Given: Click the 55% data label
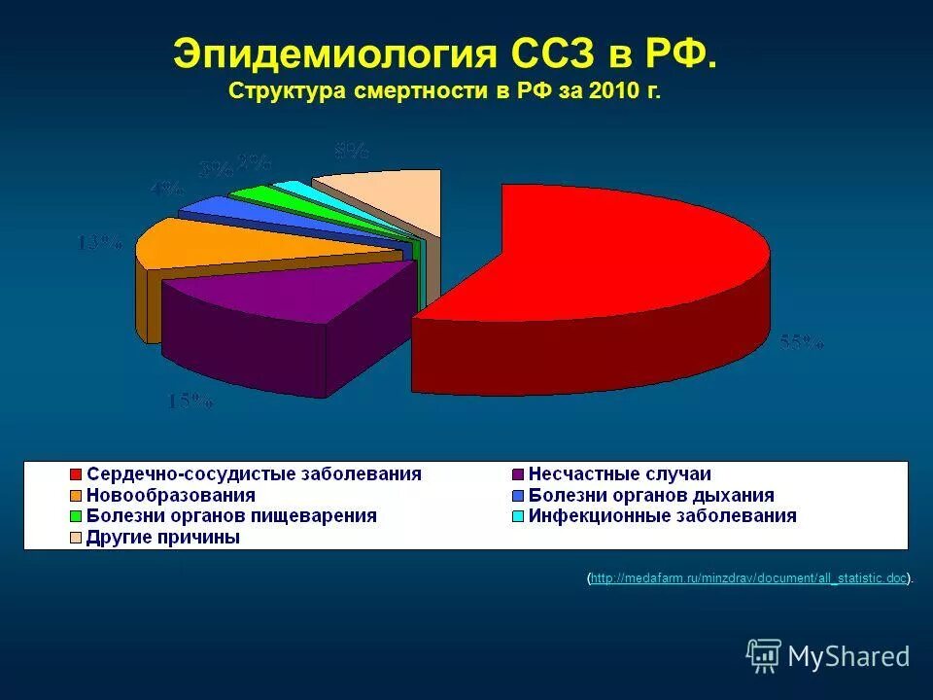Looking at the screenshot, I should [x=801, y=342].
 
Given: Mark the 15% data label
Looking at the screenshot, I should [x=190, y=400].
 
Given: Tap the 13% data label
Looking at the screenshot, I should [x=100, y=243].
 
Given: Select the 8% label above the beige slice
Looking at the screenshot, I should [x=351, y=150].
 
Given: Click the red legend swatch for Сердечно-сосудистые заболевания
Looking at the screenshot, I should [x=75, y=474].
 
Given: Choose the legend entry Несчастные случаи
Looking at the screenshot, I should [x=619, y=474].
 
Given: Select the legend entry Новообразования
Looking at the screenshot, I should [x=170, y=496].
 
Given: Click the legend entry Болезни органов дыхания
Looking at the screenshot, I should [x=650, y=496].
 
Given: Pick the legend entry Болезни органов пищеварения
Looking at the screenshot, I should [x=231, y=516].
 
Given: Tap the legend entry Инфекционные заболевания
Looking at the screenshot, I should [x=662, y=516].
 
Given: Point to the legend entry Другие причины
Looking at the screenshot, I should [x=162, y=538].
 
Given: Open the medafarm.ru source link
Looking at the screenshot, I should [x=748, y=578].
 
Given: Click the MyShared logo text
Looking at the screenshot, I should [x=847, y=656].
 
